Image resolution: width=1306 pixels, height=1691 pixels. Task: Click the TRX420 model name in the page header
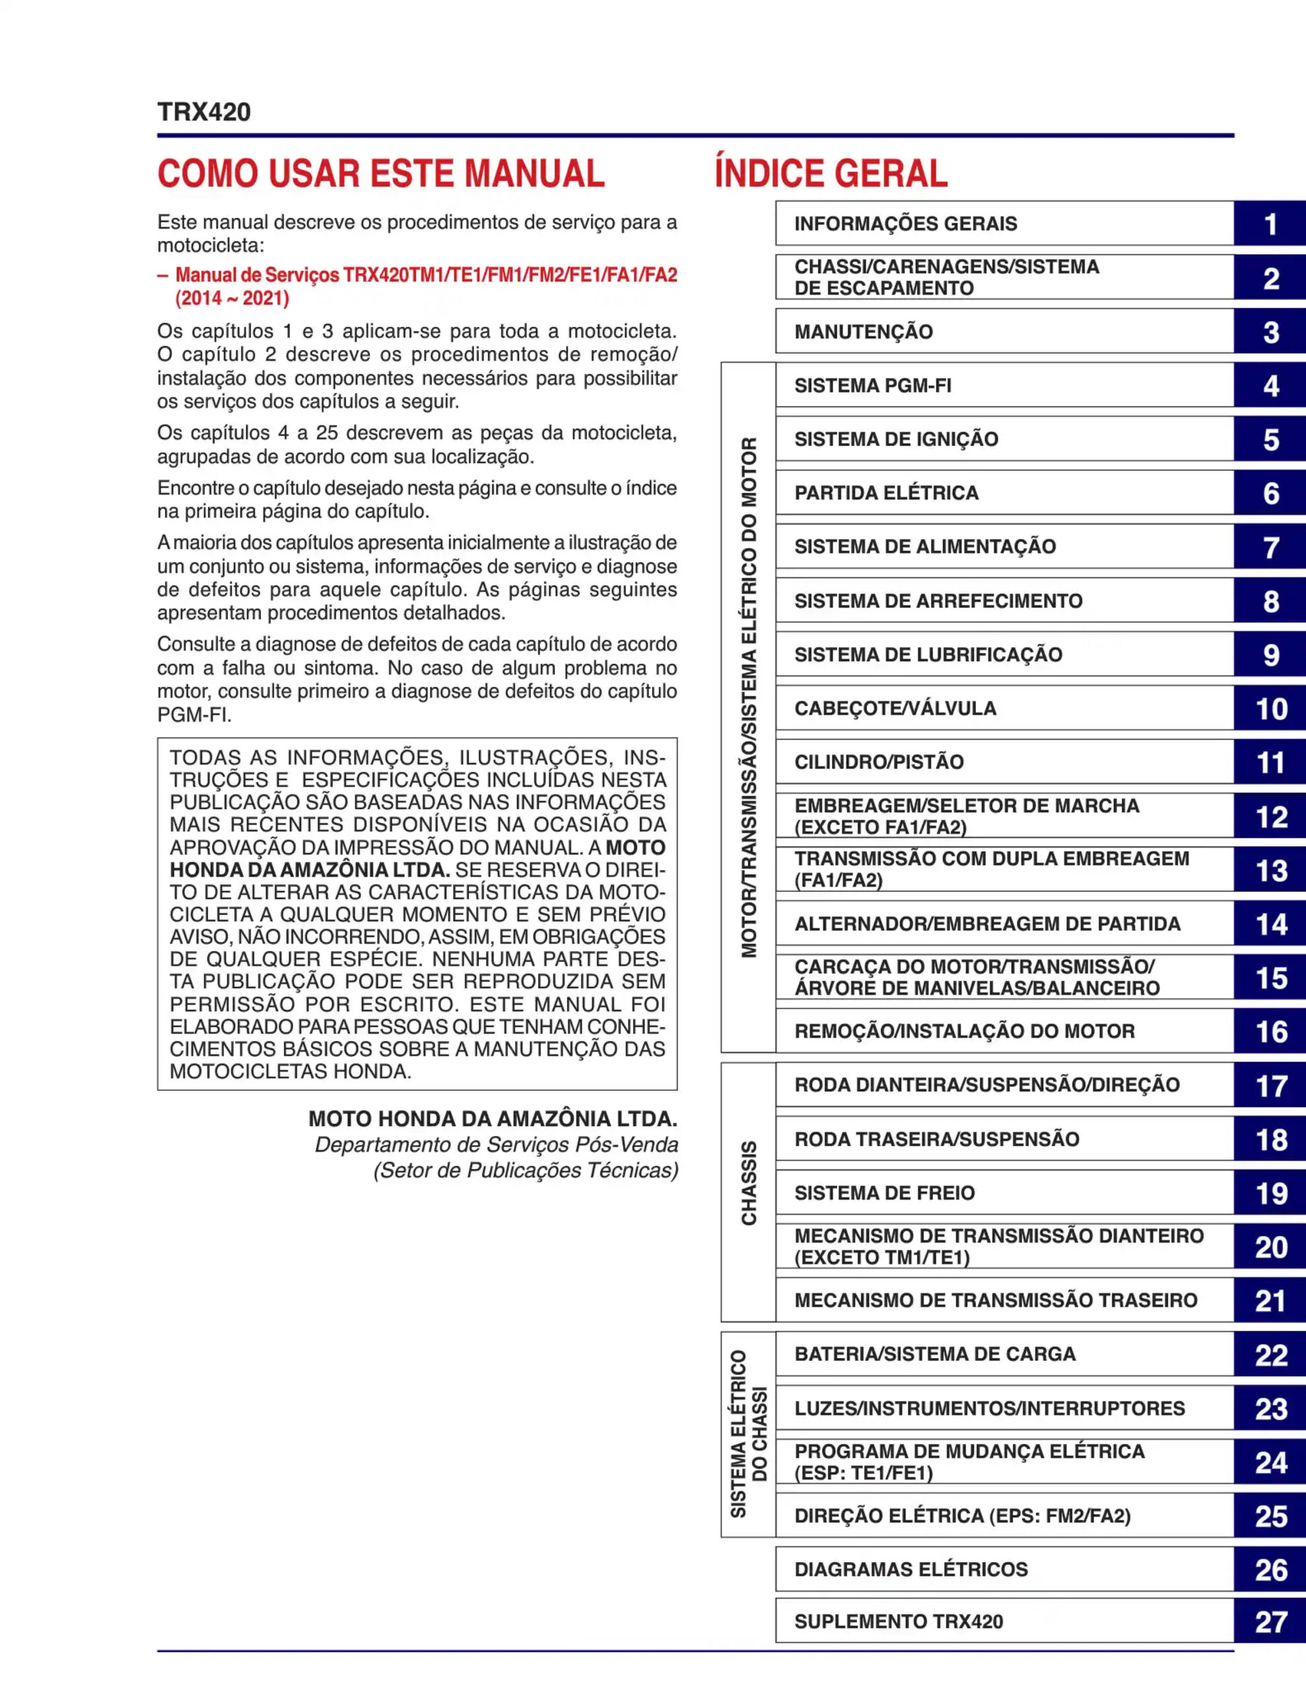pyautogui.click(x=203, y=112)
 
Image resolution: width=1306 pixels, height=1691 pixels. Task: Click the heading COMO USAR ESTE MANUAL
pyautogui.click(x=381, y=174)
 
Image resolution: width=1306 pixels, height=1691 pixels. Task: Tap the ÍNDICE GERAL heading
pyautogui.click(x=831, y=174)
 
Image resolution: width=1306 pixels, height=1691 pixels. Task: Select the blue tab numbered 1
pyautogui.click(x=1270, y=225)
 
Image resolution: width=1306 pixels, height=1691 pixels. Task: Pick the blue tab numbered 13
pyautogui.click(x=1270, y=871)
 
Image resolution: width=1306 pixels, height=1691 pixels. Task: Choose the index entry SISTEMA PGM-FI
pyautogui.click(x=872, y=386)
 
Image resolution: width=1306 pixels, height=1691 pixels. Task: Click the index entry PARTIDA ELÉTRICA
pyautogui.click(x=887, y=493)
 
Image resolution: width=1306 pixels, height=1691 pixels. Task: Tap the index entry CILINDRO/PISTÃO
pyautogui.click(x=879, y=762)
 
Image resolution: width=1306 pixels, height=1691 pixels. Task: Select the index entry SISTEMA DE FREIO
pyautogui.click(x=884, y=1192)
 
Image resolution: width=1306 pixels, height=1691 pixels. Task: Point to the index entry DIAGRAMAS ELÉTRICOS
pyautogui.click(x=911, y=1569)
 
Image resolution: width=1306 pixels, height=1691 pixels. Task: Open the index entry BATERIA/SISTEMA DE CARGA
pyautogui.click(x=934, y=1354)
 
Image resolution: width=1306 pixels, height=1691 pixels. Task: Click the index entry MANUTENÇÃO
pyautogui.click(x=863, y=332)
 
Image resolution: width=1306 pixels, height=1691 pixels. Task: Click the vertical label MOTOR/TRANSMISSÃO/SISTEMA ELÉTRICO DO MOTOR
pyautogui.click(x=749, y=697)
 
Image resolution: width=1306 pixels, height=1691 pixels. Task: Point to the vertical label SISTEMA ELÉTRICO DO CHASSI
pyautogui.click(x=749, y=1434)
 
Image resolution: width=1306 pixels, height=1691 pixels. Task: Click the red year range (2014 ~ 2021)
pyautogui.click(x=232, y=299)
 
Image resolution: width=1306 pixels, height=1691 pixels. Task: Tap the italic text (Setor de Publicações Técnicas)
pyautogui.click(x=526, y=1170)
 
